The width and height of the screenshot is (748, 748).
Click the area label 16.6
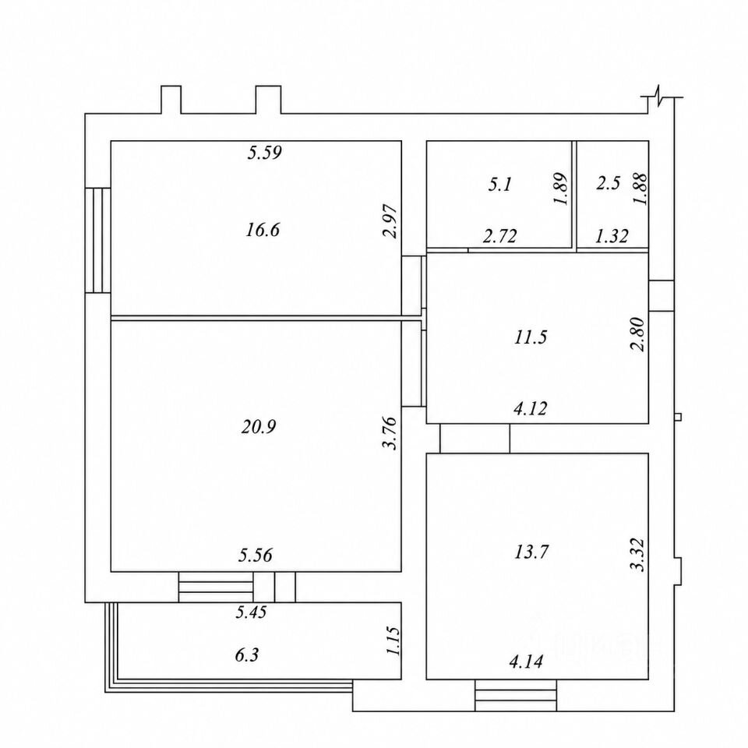(x=263, y=231)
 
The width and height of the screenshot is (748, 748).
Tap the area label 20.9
(x=259, y=427)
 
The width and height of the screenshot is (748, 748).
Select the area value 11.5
(x=531, y=337)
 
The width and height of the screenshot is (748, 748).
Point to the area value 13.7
(x=531, y=552)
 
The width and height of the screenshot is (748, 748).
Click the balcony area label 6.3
(x=247, y=655)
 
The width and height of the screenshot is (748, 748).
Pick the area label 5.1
(x=500, y=184)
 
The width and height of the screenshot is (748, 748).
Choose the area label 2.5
(x=609, y=183)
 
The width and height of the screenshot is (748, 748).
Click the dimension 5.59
(x=265, y=153)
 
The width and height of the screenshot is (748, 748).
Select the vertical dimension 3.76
(x=390, y=433)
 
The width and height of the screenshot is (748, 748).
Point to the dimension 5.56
(x=256, y=556)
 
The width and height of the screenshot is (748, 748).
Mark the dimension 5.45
(x=251, y=612)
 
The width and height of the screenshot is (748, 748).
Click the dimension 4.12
(x=531, y=409)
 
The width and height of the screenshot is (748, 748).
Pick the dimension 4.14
(x=526, y=662)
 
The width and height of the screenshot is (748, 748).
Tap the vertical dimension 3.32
(x=638, y=555)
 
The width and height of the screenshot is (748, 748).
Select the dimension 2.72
(x=500, y=236)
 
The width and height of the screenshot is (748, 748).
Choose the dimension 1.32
(x=612, y=236)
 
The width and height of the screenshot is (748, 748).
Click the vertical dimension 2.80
(x=638, y=334)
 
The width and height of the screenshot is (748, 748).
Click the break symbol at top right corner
(x=659, y=97)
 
